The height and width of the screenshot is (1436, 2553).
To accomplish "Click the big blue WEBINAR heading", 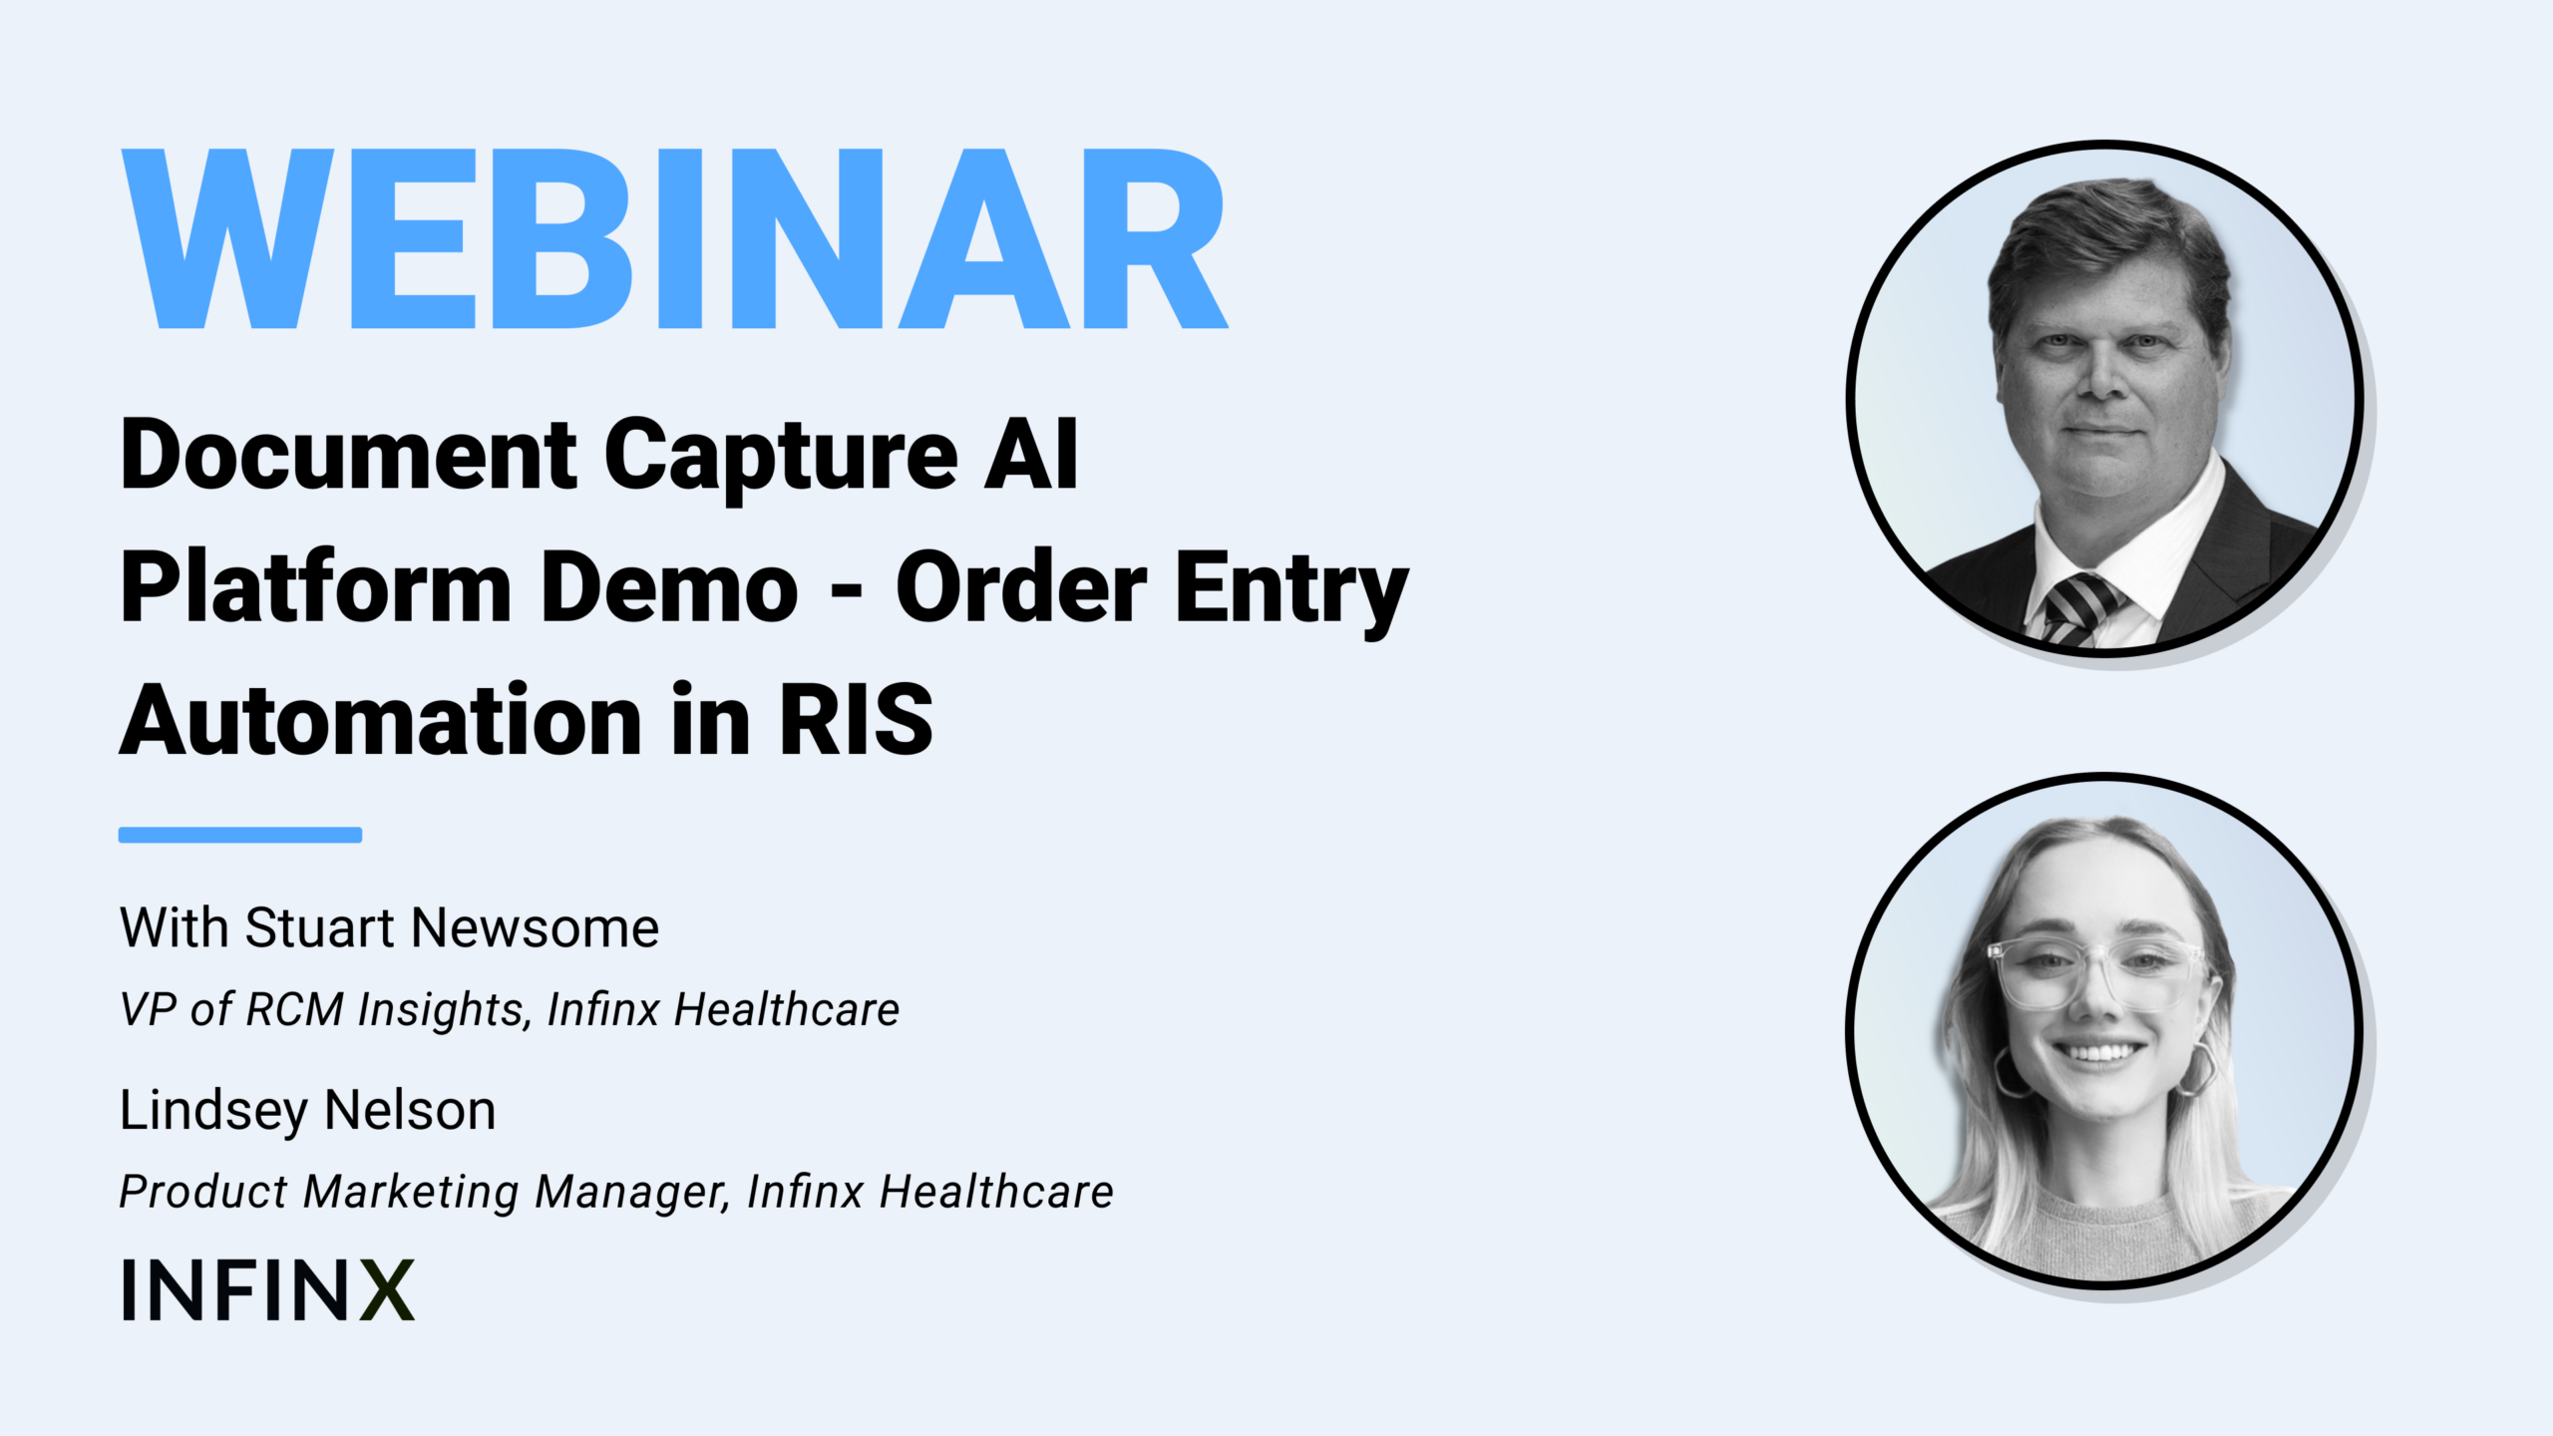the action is coord(674,238).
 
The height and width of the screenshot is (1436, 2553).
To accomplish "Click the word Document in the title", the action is coord(348,456).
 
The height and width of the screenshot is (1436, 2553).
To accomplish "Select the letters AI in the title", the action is coord(1031,454).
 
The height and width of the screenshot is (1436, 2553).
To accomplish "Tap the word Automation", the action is coord(380,719).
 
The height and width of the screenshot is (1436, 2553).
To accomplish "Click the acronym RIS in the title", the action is coord(856,719).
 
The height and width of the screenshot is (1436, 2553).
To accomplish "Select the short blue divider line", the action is coord(240,835).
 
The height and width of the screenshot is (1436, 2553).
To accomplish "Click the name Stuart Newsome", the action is coord(452,928).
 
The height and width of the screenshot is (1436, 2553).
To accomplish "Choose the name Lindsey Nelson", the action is coord(307,1111).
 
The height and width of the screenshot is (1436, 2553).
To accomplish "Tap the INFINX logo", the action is coord(267,1289).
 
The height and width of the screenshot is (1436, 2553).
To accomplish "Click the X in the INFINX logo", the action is coord(387,1289).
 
